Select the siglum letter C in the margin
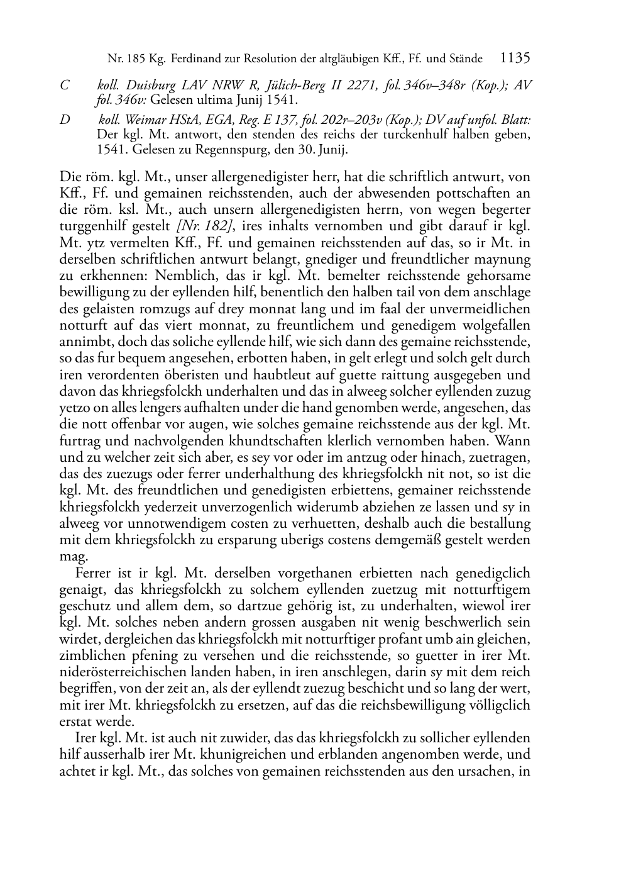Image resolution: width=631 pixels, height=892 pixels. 64,86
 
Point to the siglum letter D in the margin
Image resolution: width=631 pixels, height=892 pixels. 65,120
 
